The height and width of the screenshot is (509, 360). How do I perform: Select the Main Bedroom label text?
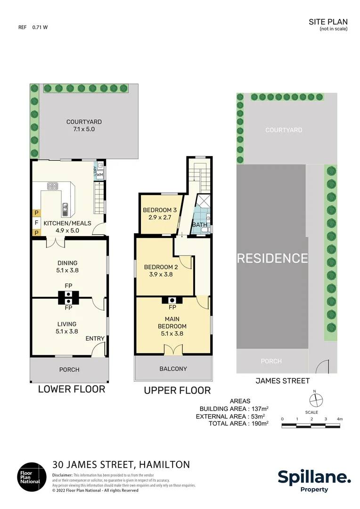pos(172,326)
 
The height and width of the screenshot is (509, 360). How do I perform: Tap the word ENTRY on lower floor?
pos(95,339)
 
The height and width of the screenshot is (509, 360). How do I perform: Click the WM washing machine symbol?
pos(99,175)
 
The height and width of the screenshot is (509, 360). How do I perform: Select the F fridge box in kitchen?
pos(36,223)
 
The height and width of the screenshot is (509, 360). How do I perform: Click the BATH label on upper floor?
pos(199,225)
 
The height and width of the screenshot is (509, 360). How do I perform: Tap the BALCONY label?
pos(173,369)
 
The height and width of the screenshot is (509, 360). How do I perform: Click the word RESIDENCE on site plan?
pos(272,258)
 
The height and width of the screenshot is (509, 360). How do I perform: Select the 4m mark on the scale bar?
pos(339,419)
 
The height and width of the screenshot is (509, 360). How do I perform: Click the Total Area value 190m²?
pos(259,424)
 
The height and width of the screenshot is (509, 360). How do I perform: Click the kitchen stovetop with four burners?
pos(52,186)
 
